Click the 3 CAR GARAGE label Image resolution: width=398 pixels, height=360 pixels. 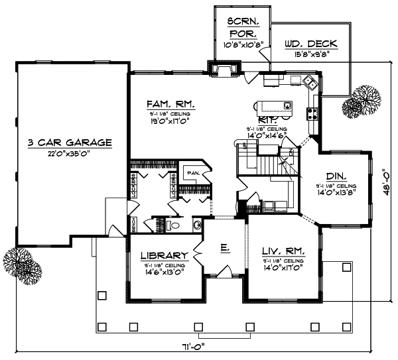click(x=69, y=143)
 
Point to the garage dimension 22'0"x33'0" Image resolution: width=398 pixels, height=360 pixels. click(x=69, y=153)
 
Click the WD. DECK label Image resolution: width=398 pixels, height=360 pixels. click(x=310, y=44)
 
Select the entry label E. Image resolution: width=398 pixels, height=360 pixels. click(x=225, y=247)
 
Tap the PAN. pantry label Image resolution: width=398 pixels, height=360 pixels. click(x=193, y=173)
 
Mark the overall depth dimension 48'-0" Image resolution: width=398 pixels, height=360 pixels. click(x=387, y=179)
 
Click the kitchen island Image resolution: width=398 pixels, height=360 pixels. click(x=275, y=105)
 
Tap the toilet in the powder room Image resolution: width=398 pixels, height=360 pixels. click(x=173, y=225)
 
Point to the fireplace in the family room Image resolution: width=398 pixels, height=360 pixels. click(x=226, y=68)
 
